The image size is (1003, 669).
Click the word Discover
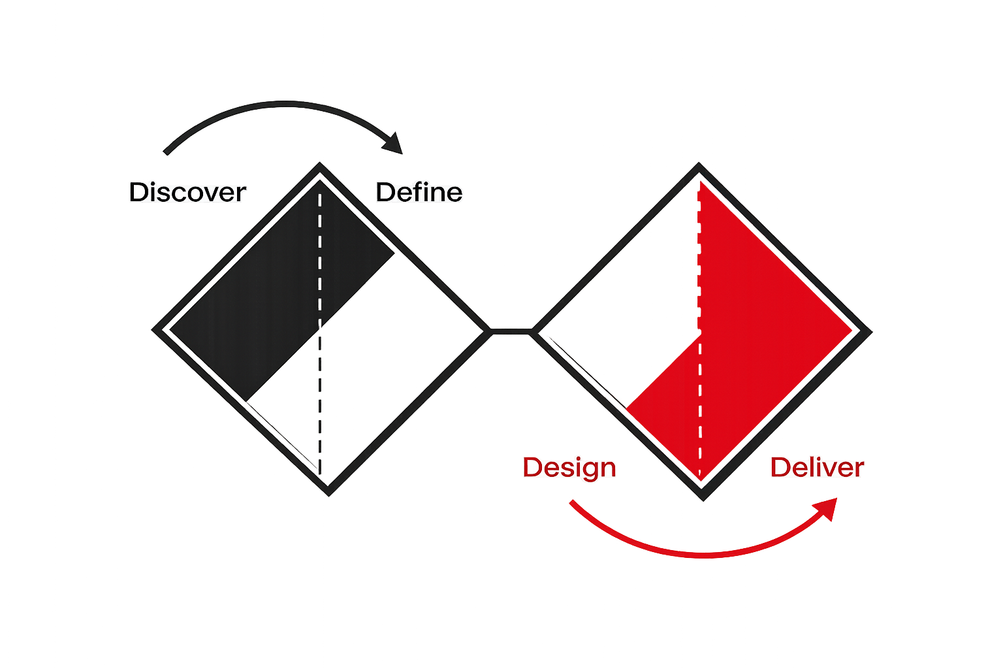[x=187, y=193]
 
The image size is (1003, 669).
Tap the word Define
[x=419, y=193]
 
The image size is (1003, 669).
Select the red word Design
[x=569, y=468]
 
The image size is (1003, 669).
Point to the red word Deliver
[x=817, y=468]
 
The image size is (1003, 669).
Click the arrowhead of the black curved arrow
[x=394, y=144]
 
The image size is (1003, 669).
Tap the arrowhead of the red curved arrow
[x=827, y=506]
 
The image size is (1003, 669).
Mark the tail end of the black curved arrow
[x=167, y=153]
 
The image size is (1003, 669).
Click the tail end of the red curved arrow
[x=571, y=502]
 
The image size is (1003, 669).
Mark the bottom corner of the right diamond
[x=704, y=498]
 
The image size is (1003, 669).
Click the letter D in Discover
[x=138, y=193]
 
